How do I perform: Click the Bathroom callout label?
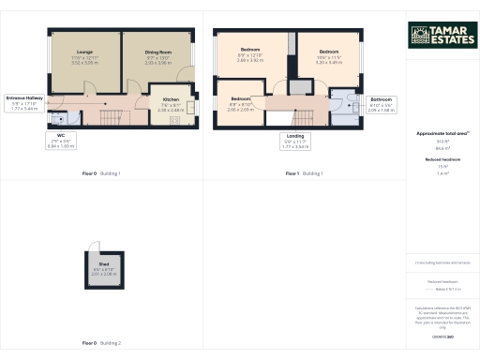pos(381,103)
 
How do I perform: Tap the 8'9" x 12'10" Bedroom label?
pos(249,55)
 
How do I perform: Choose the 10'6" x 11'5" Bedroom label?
pos(327,55)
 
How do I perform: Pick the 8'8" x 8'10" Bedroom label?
pos(241,103)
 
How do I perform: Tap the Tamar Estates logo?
pos(442,35)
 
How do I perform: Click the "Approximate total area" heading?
pos(441,133)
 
